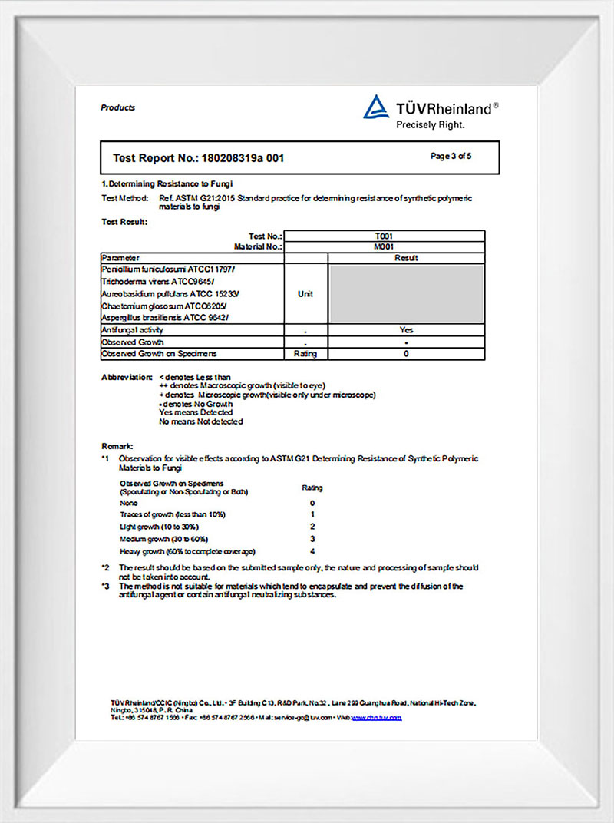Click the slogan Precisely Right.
[x=431, y=124]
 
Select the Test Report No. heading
[x=199, y=158]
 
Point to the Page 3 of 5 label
[x=451, y=157]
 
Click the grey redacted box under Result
[x=406, y=293]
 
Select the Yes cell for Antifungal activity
[x=406, y=330]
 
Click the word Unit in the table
[x=305, y=294]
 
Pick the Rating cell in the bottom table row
[x=305, y=354]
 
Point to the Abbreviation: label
[x=127, y=377]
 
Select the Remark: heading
[x=117, y=446]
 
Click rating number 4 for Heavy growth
[x=312, y=551]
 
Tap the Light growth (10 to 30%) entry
[x=160, y=527]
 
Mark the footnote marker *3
[x=106, y=587]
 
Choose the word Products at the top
[x=117, y=107]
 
